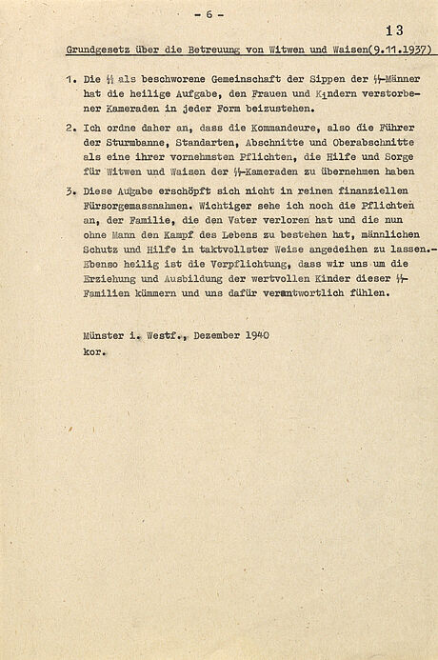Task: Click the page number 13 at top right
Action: pos(394,30)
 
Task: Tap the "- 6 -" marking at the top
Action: pos(209,14)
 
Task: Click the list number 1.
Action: pos(71,80)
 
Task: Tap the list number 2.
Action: pos(71,127)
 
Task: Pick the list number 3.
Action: pos(71,190)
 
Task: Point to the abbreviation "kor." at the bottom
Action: pos(94,350)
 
